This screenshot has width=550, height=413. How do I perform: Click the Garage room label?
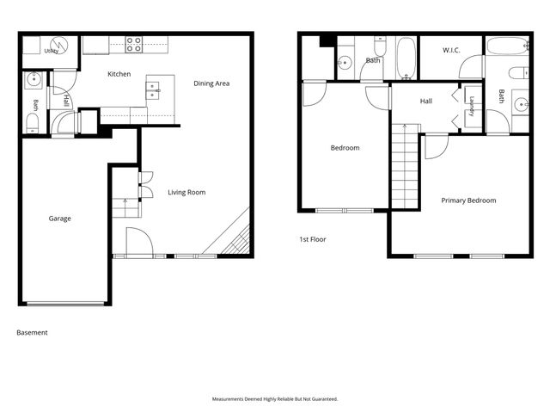tap(59, 219)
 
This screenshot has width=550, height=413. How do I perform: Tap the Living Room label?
tap(186, 192)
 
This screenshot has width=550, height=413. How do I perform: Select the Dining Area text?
tap(211, 83)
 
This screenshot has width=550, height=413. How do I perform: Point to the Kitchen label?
tap(119, 74)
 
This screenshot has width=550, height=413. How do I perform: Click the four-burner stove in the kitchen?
tap(134, 45)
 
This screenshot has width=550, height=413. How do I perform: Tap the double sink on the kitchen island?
tap(153, 90)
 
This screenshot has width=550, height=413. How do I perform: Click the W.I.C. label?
tap(451, 50)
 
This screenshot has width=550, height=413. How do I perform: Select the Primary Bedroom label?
tap(468, 200)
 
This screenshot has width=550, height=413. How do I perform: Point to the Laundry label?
tap(472, 106)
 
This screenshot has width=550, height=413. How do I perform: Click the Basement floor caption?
tap(32, 333)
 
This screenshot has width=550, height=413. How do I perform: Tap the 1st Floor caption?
tap(313, 239)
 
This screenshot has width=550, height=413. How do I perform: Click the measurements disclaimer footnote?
tap(275, 399)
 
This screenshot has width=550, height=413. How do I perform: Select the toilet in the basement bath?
tap(33, 124)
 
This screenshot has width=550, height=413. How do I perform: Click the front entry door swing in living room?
tap(139, 241)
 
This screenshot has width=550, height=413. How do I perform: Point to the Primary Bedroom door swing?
tap(437, 147)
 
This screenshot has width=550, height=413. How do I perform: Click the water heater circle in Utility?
tap(58, 45)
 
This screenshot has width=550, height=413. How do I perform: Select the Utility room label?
tap(52, 52)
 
